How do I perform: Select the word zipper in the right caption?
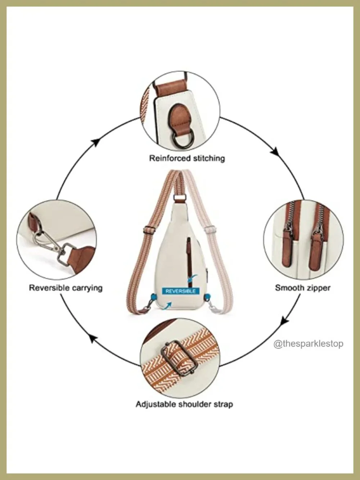318,288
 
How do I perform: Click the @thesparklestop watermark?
308,344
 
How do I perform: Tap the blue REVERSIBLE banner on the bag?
181,291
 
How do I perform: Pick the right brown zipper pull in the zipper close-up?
316,250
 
